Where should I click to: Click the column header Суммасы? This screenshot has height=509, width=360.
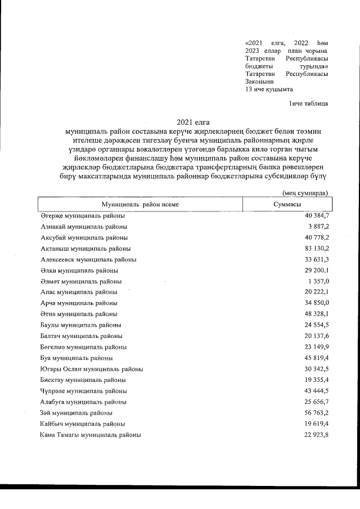click(x=286, y=205)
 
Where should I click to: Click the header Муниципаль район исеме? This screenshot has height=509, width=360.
click(x=140, y=205)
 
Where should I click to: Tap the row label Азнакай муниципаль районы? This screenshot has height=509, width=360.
click(x=83, y=227)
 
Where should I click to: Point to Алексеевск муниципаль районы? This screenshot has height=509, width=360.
click(x=88, y=259)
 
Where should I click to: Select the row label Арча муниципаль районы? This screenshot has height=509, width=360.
click(x=79, y=303)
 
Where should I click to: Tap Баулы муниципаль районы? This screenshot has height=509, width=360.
click(x=80, y=325)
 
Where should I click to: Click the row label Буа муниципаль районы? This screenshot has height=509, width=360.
click(x=76, y=358)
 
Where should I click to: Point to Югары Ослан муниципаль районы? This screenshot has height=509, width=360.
click(x=91, y=369)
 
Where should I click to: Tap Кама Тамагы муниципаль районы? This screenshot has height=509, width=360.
click(x=91, y=435)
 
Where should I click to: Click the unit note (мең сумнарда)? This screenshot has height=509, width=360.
click(x=305, y=192)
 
